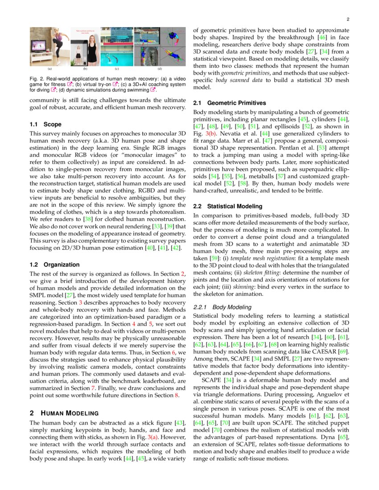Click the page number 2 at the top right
(x=348, y=20)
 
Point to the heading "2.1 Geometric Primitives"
(x=230, y=103)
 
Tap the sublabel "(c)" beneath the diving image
(x=116, y=69)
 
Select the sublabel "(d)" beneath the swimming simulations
(x=160, y=69)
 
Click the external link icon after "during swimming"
(x=153, y=89)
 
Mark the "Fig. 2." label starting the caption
(x=37, y=78)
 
